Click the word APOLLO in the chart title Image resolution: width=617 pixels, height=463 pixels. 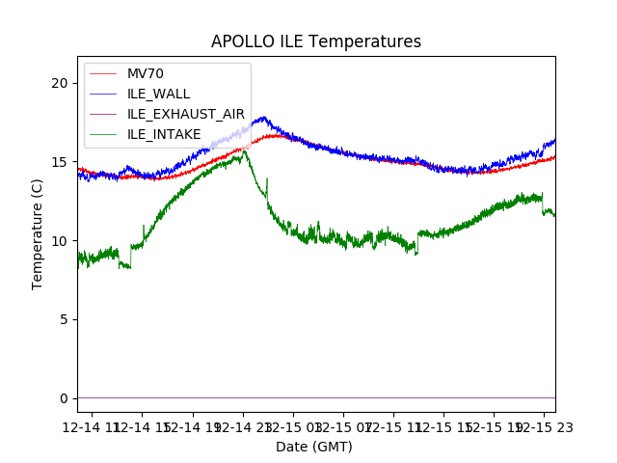coord(242,42)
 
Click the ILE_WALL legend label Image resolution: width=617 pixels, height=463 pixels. coord(158,94)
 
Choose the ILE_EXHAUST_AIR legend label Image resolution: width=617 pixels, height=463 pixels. coord(185,114)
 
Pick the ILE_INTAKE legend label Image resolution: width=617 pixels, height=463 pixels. coord(164,134)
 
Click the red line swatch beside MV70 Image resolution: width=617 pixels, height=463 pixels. coord(102,74)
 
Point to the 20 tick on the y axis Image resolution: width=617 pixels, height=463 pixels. coord(60,83)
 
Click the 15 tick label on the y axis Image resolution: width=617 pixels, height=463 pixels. coord(60,162)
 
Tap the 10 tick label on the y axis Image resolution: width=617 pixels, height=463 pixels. coord(60,241)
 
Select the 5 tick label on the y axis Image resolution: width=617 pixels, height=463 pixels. coord(64,319)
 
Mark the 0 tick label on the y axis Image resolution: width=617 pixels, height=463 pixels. coord(64,398)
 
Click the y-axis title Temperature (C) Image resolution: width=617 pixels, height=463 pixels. coord(38,233)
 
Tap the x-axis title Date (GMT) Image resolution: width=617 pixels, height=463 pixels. coord(314,447)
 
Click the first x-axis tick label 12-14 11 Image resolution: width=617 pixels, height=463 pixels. coord(94,427)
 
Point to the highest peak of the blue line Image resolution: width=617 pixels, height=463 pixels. coord(262,118)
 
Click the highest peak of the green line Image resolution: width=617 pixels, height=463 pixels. coord(244,150)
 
